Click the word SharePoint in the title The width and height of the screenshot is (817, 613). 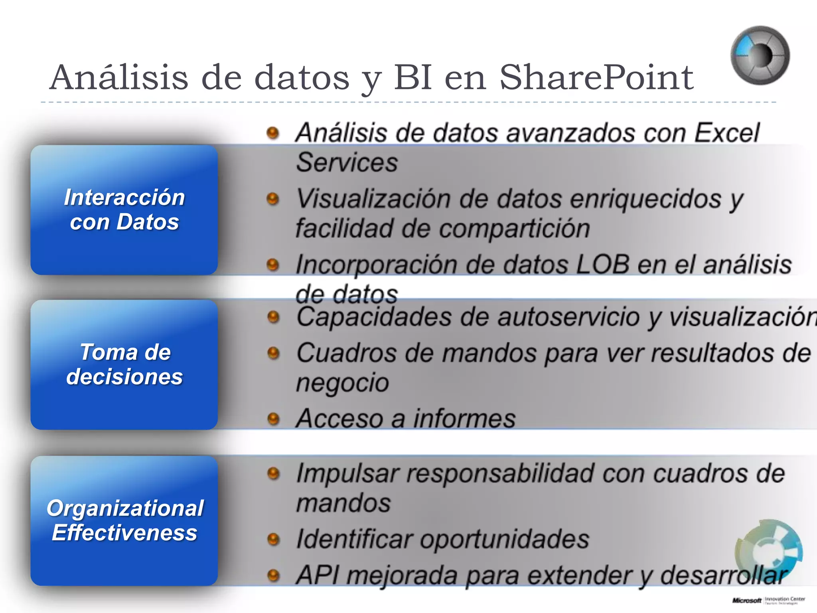(x=596, y=77)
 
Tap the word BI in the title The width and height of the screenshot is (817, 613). (x=413, y=77)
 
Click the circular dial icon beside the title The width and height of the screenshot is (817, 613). (x=760, y=55)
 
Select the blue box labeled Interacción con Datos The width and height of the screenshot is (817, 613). (x=124, y=210)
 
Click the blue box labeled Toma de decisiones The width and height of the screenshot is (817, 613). (x=124, y=364)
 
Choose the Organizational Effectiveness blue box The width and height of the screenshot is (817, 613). (x=124, y=520)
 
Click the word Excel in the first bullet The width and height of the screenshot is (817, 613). (x=727, y=132)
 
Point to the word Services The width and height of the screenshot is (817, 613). (x=347, y=162)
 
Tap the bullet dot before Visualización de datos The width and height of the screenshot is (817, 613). (x=273, y=198)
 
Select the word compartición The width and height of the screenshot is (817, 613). (x=514, y=229)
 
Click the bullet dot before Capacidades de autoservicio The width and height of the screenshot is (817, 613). (x=273, y=317)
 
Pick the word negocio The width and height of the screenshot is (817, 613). (x=342, y=383)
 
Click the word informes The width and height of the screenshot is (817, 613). (x=464, y=419)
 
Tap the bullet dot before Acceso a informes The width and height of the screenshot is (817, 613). (x=273, y=419)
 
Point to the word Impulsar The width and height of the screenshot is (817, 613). (x=347, y=474)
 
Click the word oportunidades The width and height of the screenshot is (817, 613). (x=504, y=539)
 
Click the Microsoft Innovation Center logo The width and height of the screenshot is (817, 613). (x=768, y=600)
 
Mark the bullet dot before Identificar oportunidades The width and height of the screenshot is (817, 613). (x=273, y=539)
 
